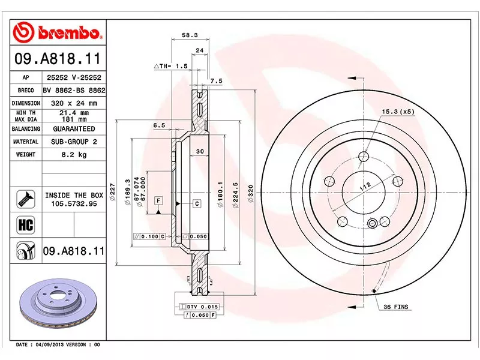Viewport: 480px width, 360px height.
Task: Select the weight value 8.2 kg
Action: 74,155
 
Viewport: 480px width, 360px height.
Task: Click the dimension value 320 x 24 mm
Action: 74,103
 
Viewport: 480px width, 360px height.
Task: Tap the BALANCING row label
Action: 26,129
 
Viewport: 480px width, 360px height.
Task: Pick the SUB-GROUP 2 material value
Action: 74,142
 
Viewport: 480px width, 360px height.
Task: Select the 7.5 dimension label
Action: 217,80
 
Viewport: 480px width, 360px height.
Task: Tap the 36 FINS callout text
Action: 395,307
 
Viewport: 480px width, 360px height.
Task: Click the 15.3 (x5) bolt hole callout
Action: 398,112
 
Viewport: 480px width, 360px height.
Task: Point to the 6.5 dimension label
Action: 159,125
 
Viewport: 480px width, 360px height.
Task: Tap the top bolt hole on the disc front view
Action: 363,157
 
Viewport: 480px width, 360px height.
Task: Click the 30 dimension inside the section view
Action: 200,151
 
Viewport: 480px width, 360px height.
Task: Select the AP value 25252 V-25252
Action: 74,77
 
